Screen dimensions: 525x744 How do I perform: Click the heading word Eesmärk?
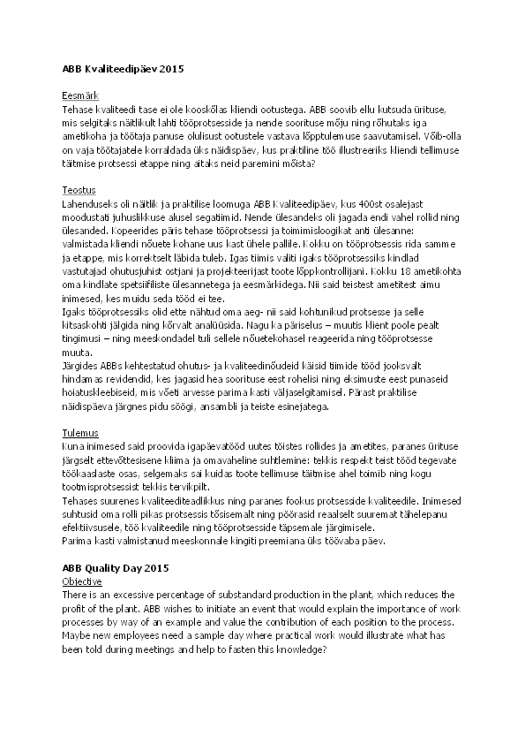(79, 95)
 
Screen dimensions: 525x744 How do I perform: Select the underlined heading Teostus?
(78, 190)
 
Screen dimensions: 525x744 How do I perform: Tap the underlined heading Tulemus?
(79, 436)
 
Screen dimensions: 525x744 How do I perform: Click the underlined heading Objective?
(82, 582)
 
